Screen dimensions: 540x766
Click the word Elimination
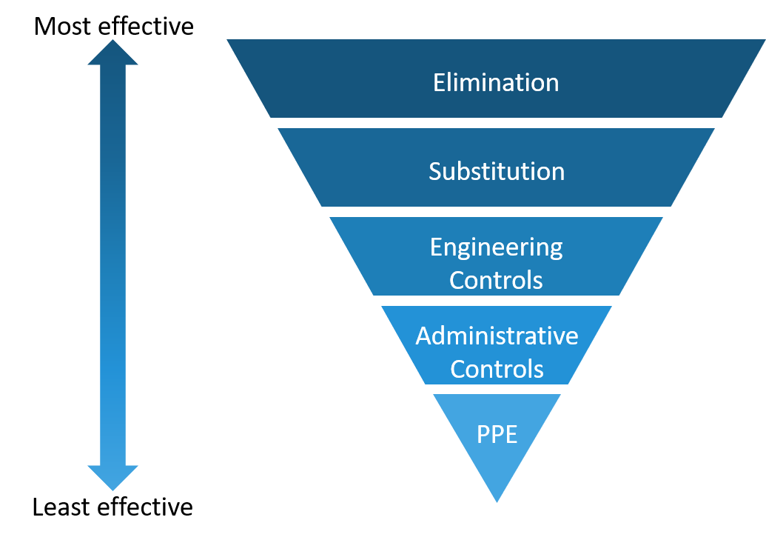[496, 82]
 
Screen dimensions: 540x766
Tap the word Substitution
[497, 172]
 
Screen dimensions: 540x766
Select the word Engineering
[497, 247]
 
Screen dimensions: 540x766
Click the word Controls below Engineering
[497, 281]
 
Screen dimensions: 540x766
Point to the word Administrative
[497, 336]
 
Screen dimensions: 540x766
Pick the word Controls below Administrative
[497, 369]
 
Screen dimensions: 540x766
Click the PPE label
[497, 435]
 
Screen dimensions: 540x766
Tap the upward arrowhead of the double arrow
[113, 53]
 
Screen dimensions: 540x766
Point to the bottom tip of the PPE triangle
[497, 501]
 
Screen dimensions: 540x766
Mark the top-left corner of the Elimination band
[228, 41]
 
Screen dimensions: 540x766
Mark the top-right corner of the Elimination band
[764, 41]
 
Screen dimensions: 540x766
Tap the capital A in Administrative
[423, 336]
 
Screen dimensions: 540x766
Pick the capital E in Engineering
[436, 247]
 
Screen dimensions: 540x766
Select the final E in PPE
[511, 435]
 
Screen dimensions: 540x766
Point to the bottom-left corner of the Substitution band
[322, 206]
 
